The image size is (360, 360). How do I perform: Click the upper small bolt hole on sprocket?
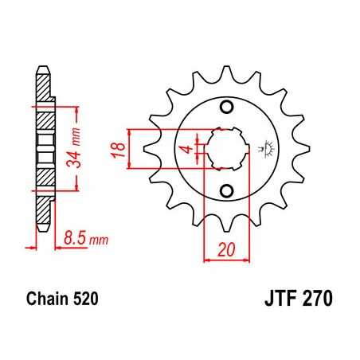pos(225,108)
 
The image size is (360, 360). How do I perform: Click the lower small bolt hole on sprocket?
pos(225,190)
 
